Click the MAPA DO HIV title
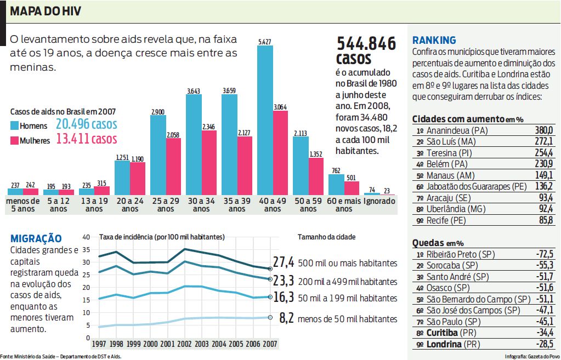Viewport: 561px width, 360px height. [46, 12]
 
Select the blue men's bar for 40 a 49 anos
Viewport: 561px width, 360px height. [265, 121]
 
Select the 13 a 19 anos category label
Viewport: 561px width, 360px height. [94, 205]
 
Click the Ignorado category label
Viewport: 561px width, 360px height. [379, 201]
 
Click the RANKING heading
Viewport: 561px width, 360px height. [434, 40]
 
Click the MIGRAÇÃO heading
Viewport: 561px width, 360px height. [36, 238]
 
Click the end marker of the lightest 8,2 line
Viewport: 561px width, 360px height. [270, 317]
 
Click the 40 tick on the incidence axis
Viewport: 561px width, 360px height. [86, 237]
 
